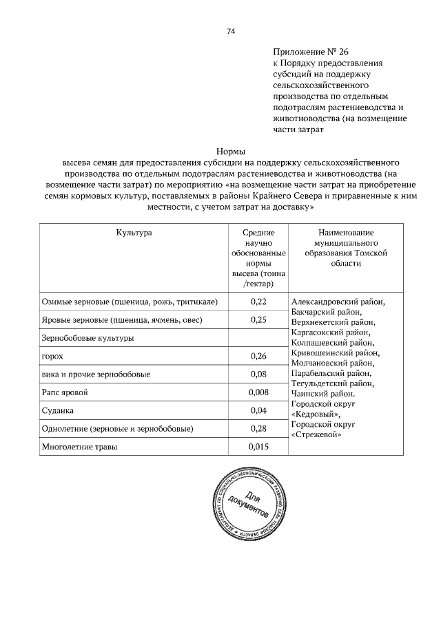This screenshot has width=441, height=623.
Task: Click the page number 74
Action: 231,31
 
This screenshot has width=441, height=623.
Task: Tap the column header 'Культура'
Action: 134,234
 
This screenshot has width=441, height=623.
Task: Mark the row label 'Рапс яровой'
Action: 65,392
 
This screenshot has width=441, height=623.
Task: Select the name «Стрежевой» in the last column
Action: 316,435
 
